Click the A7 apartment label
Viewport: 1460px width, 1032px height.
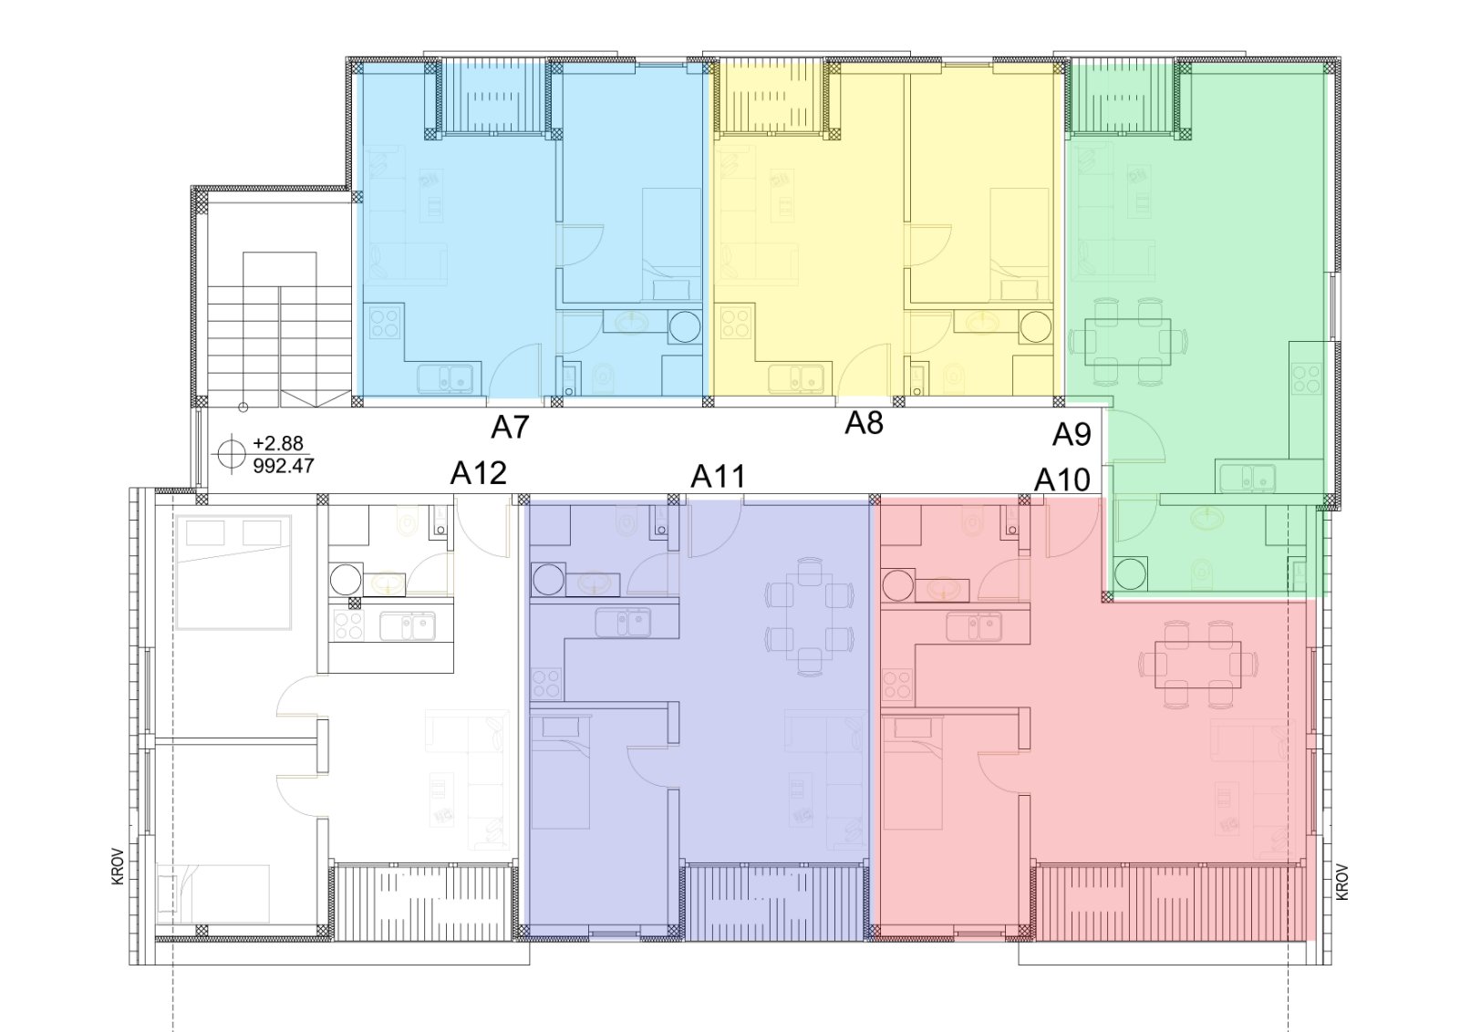pos(510,428)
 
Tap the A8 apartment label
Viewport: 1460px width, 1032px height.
pos(864,423)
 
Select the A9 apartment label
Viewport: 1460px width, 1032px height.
pos(1072,435)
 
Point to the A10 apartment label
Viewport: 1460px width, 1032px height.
pos(1062,480)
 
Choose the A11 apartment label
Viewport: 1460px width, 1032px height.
pos(718,476)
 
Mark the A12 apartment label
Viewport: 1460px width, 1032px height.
pos(479,474)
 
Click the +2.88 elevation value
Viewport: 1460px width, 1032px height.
pos(278,443)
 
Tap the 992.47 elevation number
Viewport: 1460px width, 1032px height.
pos(284,466)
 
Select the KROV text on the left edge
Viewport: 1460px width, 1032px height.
pos(118,866)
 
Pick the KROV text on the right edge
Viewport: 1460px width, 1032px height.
pos(1342,882)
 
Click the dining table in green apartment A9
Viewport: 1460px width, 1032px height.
pos(1127,341)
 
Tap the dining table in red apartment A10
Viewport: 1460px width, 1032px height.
pos(1198,665)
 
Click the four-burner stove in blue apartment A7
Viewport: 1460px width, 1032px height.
pos(385,323)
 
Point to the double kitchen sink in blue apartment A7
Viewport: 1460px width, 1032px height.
pos(445,378)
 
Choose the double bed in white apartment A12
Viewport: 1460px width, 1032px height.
pos(233,573)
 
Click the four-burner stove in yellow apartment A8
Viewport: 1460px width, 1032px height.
pos(735,323)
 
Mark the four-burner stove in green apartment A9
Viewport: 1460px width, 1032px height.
pos(1307,378)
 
